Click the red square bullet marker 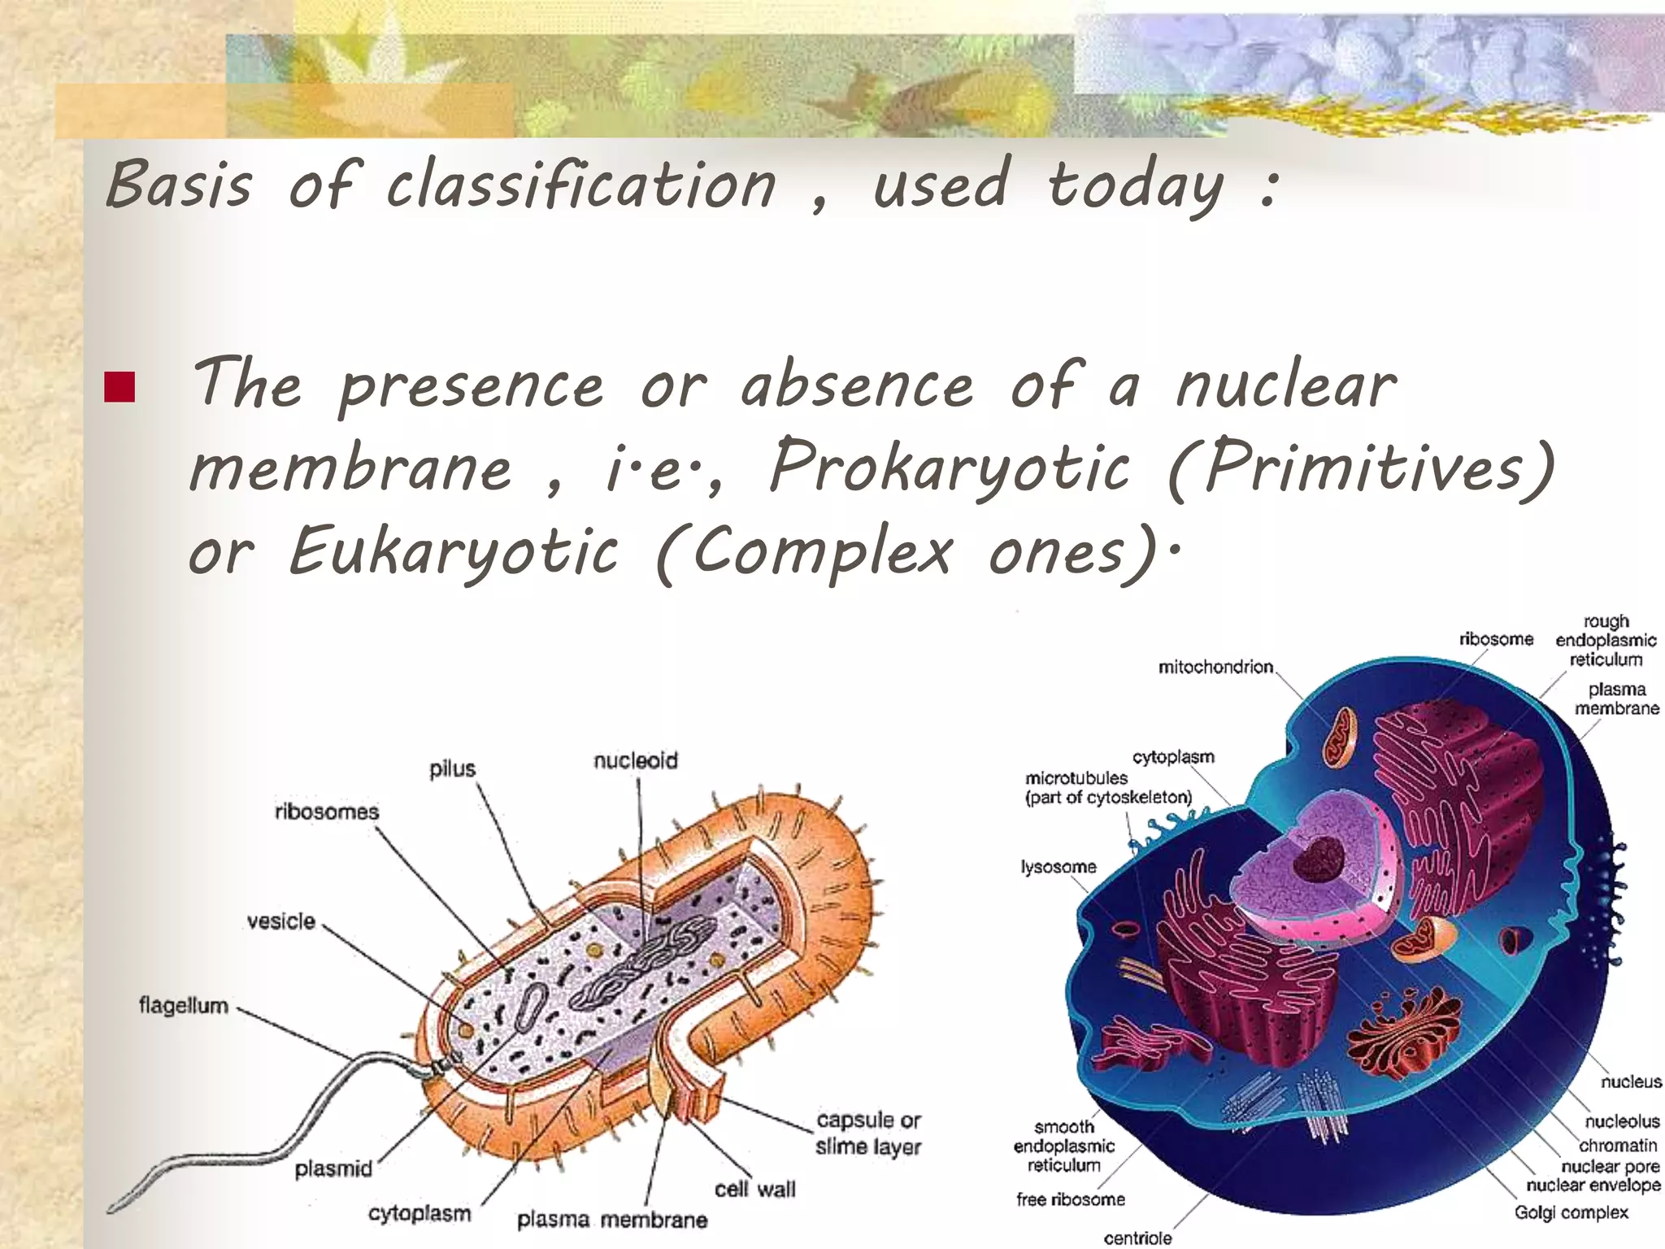click(x=119, y=388)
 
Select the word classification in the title click(x=580, y=185)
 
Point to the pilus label click(x=452, y=768)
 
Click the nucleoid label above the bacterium click(x=635, y=760)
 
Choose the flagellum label click(x=183, y=1006)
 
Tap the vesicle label click(x=280, y=921)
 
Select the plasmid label click(x=333, y=1169)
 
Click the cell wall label click(x=754, y=1190)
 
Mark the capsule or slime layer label click(x=867, y=1134)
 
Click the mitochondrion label click(x=1215, y=668)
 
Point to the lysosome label click(x=1058, y=867)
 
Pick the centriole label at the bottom click(x=1137, y=1238)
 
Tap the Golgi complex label click(x=1571, y=1212)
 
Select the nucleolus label click(x=1621, y=1121)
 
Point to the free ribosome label click(x=1070, y=1199)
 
